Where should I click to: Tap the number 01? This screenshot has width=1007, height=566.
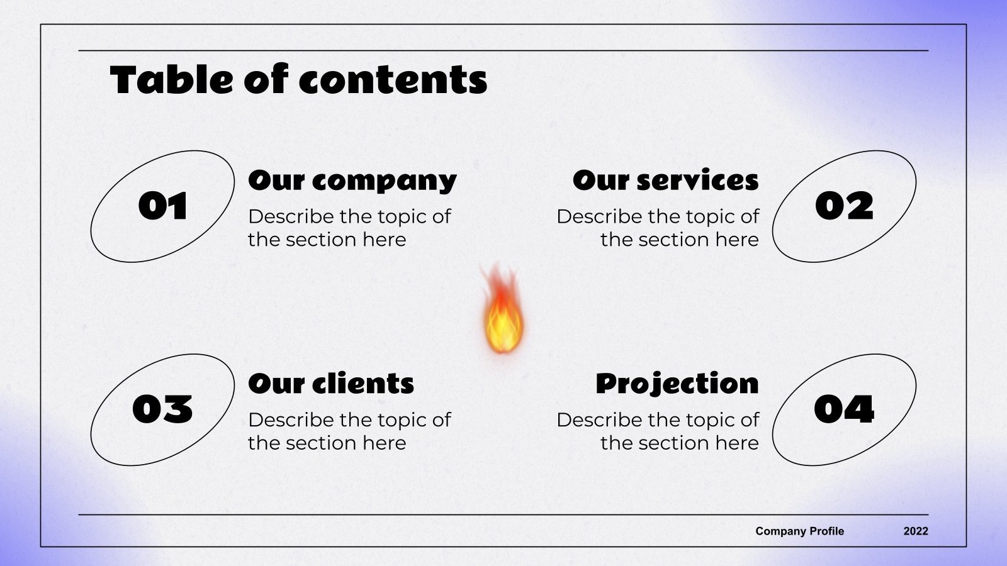163,206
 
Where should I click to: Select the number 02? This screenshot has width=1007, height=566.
844,206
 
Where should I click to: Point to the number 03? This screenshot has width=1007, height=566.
162,409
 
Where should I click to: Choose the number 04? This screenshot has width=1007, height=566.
844,409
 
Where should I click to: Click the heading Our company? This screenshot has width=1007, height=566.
352,181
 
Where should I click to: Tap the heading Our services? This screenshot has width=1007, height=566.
665,181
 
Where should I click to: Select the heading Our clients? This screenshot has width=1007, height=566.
331,384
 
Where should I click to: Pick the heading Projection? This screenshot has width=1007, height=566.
677,384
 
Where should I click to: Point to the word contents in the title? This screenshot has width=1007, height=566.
393,81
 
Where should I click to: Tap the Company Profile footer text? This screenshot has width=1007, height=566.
799,531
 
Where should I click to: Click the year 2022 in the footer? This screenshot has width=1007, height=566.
916,531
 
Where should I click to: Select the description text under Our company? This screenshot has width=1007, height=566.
349,228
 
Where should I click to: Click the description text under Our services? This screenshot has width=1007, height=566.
658,228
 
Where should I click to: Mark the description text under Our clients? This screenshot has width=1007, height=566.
349,431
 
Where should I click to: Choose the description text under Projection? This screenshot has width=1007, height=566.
658,431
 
